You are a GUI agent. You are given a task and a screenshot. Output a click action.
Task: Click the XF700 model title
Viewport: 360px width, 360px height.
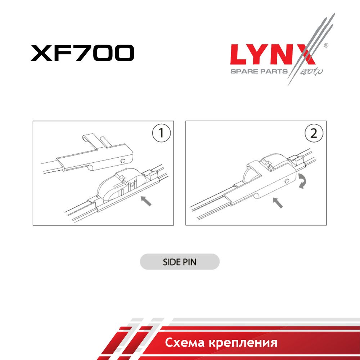82,53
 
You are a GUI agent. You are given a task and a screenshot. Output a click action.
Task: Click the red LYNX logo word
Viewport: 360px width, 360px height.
273,55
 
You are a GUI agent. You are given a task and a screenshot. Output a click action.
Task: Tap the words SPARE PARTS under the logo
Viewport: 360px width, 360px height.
259,71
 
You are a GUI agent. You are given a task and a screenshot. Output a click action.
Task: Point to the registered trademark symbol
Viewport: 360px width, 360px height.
326,45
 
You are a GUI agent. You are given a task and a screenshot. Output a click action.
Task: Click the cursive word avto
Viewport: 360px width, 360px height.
311,72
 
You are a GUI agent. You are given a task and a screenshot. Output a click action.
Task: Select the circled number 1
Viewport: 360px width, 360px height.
161,133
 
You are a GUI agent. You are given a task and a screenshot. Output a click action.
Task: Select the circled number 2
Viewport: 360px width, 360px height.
314,133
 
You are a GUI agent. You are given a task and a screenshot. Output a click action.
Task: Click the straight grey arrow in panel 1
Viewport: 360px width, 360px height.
146,201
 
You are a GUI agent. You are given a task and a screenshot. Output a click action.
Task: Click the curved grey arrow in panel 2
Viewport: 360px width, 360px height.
302,181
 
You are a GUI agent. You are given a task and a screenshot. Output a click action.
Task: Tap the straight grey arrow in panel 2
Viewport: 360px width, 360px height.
278,203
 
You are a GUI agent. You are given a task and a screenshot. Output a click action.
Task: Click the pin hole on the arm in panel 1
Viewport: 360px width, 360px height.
123,161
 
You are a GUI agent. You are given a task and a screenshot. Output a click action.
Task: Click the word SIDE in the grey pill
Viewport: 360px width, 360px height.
171,262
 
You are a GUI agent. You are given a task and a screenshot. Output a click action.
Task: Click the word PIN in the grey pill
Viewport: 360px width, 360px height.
189,262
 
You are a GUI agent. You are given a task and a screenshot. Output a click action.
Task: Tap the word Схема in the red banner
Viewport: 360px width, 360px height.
185,343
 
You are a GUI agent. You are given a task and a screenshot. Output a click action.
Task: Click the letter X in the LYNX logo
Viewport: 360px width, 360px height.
305,55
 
